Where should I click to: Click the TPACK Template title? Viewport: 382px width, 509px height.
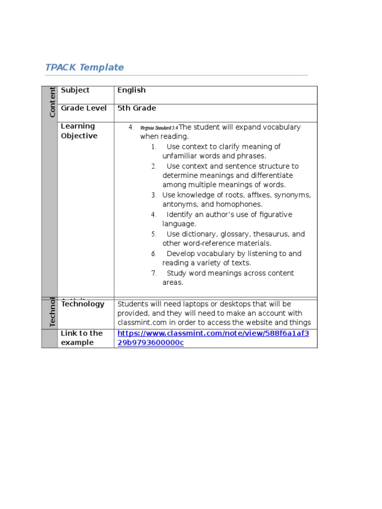pos(85,68)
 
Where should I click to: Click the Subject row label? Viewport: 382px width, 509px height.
pos(75,90)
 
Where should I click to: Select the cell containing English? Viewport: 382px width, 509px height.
pos(131,90)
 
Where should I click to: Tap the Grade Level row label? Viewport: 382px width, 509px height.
pos(84,108)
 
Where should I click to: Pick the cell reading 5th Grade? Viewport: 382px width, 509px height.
pos(137,108)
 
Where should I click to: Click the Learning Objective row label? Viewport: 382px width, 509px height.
pos(79,131)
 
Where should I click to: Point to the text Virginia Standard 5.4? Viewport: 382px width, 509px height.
pos(159,128)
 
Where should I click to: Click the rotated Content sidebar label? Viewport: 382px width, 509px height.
pos(52,102)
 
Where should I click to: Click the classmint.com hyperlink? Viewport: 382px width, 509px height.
pos(213,338)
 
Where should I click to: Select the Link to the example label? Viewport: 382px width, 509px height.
pos(82,338)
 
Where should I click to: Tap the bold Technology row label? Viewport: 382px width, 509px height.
pos(83,304)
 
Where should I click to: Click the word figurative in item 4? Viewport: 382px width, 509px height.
pos(273,215)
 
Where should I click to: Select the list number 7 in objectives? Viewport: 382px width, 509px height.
pos(154,273)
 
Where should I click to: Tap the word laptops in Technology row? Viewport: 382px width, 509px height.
pos(184,304)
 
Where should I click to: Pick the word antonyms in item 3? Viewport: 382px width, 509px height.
pos(179,205)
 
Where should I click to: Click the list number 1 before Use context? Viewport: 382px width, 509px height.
pos(154,147)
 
